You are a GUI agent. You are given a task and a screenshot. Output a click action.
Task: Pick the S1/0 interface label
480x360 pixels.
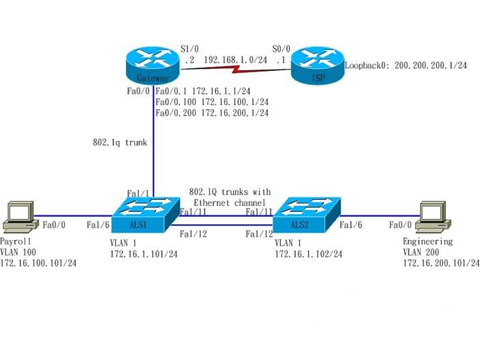[189, 48]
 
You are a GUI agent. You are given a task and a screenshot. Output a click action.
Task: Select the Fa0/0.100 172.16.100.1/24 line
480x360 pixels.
[212, 102]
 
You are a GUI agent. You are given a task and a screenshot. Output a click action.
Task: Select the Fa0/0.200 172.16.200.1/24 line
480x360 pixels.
[212, 113]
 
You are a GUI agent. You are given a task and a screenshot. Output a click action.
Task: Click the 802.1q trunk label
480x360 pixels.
[120, 143]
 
